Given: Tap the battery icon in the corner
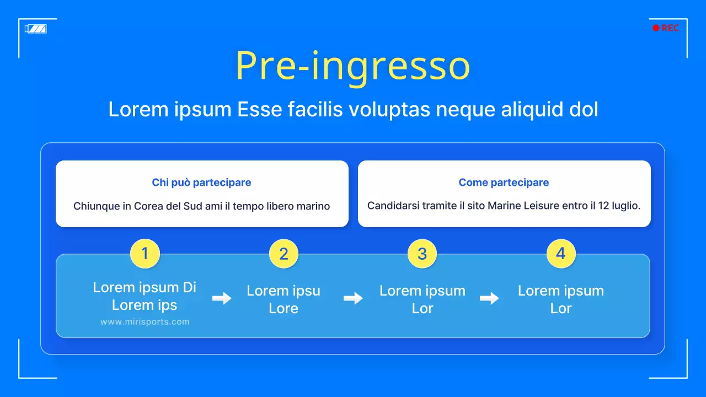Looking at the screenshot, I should [x=36, y=29].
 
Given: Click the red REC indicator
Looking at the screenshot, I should [x=666, y=28].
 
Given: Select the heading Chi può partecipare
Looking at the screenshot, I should [x=201, y=183].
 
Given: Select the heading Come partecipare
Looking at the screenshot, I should [x=504, y=183].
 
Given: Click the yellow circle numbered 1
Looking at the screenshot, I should [x=145, y=254].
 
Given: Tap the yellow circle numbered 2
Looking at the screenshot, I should [x=284, y=254].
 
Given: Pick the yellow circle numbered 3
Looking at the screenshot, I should [x=422, y=254].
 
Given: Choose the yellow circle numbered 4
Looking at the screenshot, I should [x=560, y=254].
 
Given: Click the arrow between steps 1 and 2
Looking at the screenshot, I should [x=222, y=298].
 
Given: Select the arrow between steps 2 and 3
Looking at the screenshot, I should [x=353, y=298].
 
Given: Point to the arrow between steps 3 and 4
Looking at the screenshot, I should [x=489, y=298].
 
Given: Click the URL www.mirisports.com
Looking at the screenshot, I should [x=145, y=322].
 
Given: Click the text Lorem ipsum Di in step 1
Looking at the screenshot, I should [x=145, y=287].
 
